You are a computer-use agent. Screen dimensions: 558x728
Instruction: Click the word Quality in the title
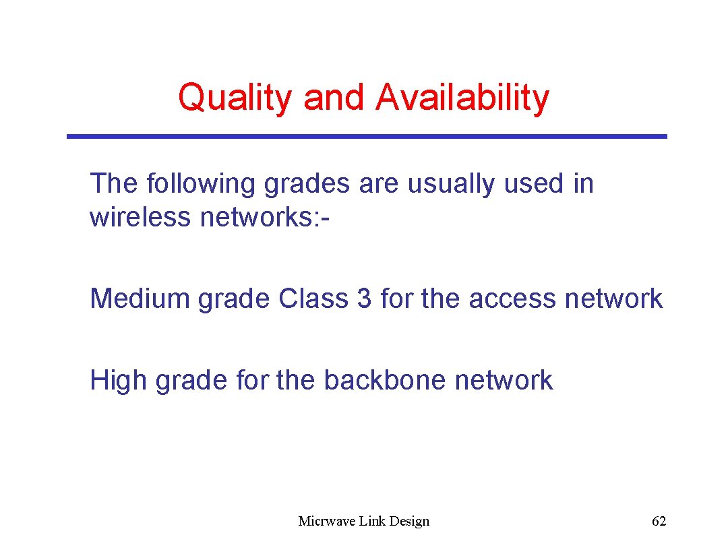[x=235, y=98]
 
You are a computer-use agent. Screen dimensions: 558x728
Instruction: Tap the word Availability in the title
[x=462, y=98]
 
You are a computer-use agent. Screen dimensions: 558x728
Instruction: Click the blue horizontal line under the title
[x=367, y=136]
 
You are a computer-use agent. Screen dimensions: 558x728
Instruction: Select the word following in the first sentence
[x=202, y=183]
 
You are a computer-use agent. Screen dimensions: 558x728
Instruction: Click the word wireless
[x=140, y=217]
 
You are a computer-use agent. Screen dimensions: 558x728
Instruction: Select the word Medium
[x=140, y=299]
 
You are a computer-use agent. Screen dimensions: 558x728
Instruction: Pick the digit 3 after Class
[x=364, y=299]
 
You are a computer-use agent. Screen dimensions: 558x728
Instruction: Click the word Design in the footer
[x=409, y=521]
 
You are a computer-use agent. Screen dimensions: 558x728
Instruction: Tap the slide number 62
[x=659, y=521]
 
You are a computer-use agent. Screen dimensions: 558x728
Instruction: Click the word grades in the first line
[x=307, y=183]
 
